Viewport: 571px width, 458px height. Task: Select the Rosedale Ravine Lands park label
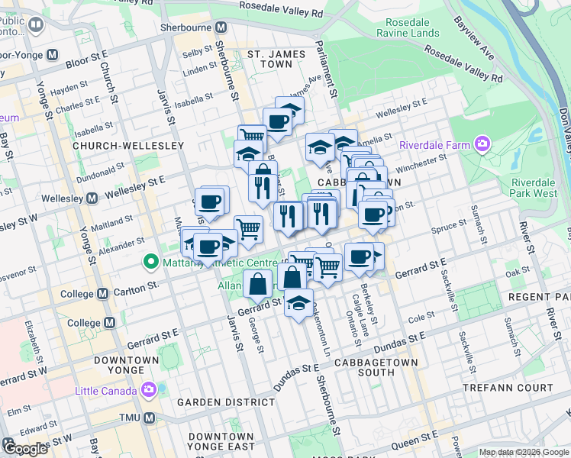(x=407, y=28)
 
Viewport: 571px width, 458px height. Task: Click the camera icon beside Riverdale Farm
(x=482, y=144)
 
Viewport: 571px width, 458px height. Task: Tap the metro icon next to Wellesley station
(x=92, y=198)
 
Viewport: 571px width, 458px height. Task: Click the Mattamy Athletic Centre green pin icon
(x=150, y=263)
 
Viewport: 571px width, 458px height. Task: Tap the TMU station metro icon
(x=150, y=418)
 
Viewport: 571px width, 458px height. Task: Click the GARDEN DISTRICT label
(x=215, y=402)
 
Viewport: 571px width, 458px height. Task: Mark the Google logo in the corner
(x=24, y=449)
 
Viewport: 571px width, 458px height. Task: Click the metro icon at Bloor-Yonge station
(x=53, y=55)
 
